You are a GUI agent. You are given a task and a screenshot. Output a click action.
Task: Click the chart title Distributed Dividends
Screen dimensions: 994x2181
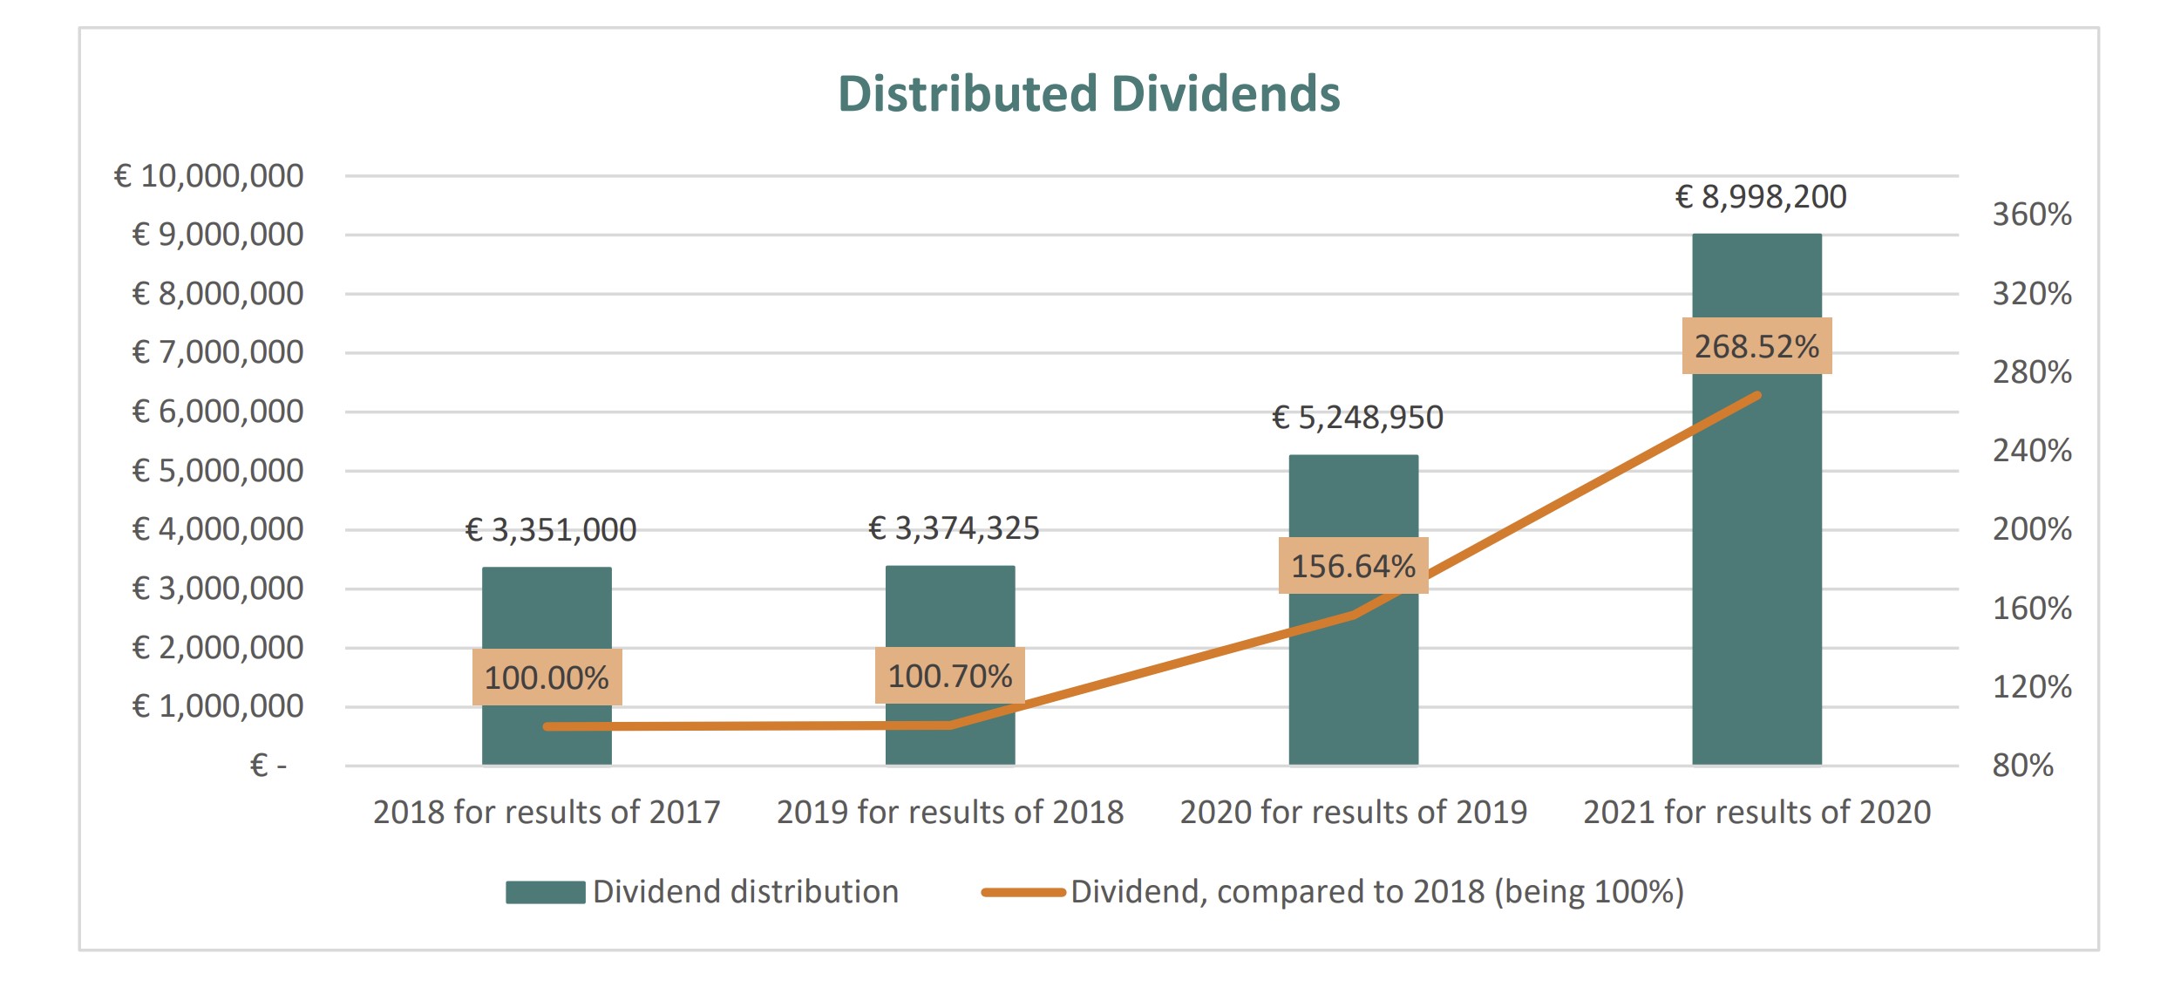[x=1089, y=94]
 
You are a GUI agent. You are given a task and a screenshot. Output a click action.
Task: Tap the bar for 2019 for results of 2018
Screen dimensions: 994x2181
[x=950, y=610]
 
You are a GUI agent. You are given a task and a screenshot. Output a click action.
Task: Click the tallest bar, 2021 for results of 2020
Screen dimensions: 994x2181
[x=1756, y=523]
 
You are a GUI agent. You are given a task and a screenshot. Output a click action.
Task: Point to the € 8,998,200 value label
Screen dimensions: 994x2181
[x=1761, y=197]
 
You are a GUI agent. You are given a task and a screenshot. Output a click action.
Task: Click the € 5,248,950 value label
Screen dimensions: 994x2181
[x=1357, y=418]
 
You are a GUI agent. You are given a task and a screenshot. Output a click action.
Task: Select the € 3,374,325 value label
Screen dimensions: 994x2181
[x=954, y=528]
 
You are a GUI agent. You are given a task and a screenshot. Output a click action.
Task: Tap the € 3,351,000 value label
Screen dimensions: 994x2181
[x=551, y=530]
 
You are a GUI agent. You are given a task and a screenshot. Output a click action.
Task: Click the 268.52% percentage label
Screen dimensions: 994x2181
[x=1756, y=346]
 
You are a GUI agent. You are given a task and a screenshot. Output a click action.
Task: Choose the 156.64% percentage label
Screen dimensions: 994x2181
[x=1353, y=566]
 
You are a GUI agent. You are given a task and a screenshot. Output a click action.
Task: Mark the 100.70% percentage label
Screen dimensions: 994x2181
[x=950, y=676]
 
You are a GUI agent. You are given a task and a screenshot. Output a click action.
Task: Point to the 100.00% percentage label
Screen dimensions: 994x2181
[x=547, y=677]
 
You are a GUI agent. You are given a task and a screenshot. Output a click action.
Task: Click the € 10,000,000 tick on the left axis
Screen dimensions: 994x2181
[x=209, y=176]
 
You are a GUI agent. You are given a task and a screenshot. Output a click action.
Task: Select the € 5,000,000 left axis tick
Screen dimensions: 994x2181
[x=218, y=471]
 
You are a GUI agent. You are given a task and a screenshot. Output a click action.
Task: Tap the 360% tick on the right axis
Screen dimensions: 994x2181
[x=2032, y=214]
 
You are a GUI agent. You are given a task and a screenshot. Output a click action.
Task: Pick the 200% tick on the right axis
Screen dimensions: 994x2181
[x=2032, y=529]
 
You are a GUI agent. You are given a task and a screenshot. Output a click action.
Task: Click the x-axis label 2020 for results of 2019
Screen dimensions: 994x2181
[x=1353, y=812]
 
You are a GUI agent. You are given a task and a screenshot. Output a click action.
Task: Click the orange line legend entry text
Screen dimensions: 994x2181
[x=1377, y=892]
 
